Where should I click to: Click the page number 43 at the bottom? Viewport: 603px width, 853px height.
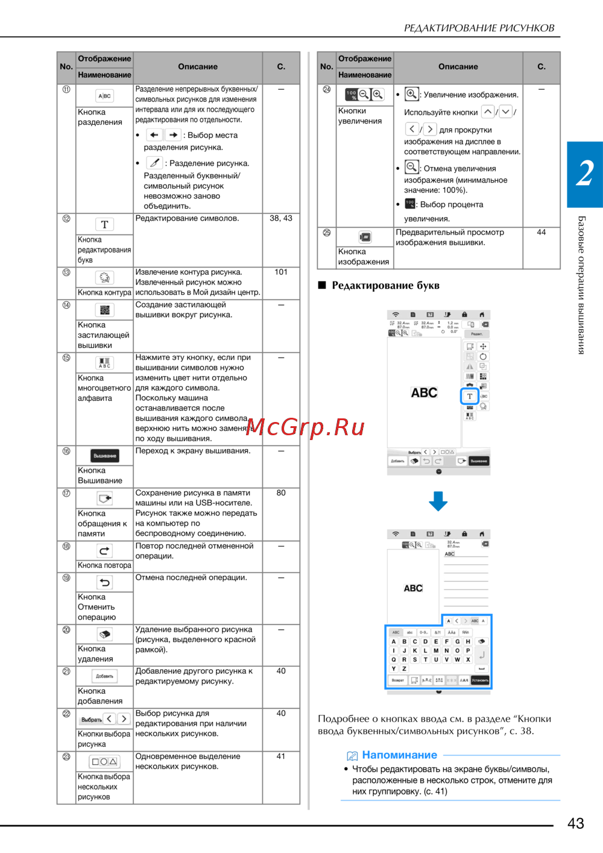click(x=575, y=823)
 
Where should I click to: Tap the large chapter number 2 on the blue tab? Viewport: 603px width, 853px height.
click(x=584, y=174)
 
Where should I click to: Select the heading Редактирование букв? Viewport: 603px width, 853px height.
click(x=385, y=286)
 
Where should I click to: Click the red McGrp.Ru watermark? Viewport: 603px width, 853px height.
click(x=305, y=427)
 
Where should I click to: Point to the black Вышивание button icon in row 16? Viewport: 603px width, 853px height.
click(x=105, y=456)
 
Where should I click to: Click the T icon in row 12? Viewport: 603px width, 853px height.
click(x=104, y=224)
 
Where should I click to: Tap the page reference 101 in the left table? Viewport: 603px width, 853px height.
click(x=281, y=272)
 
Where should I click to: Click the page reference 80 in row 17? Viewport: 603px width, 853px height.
click(x=281, y=493)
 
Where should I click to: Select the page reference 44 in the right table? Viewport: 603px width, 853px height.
click(x=541, y=232)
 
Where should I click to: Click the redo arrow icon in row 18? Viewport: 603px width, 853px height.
click(x=104, y=551)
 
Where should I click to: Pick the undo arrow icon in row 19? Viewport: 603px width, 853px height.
click(x=104, y=582)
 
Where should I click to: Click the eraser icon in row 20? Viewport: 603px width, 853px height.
click(x=104, y=634)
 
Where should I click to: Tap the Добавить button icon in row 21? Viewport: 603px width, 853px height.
click(x=104, y=676)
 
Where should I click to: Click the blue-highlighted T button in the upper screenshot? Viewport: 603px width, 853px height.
click(x=470, y=396)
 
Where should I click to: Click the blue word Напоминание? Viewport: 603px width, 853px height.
click(x=399, y=755)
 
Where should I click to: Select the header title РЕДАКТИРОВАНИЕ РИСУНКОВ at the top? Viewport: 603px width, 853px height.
click(x=479, y=28)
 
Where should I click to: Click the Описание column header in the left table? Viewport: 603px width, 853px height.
click(x=198, y=67)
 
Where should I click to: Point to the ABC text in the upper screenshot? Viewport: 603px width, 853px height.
click(x=424, y=392)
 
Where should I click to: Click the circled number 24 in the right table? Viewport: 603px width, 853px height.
click(x=327, y=89)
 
